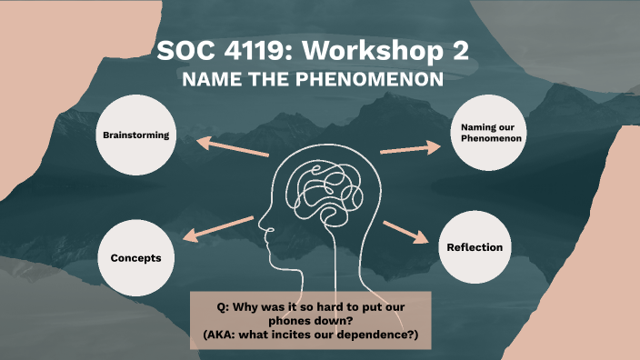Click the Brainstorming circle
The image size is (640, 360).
(x=136, y=135)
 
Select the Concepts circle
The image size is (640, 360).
(x=136, y=257)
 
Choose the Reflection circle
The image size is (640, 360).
(x=475, y=247)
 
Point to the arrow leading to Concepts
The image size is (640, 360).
(x=219, y=228)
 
